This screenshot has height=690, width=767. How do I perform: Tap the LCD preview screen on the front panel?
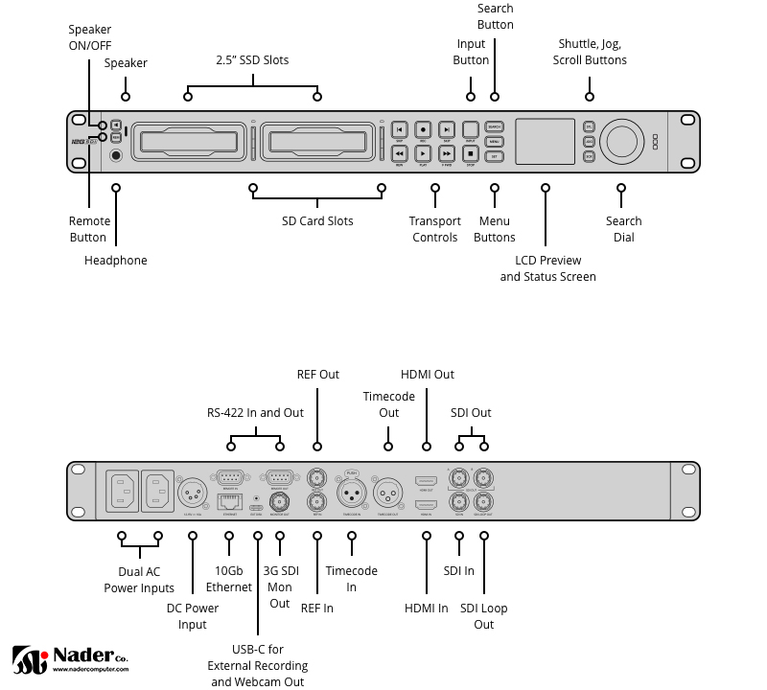pyautogui.click(x=546, y=141)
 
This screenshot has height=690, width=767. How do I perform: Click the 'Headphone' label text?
pyautogui.click(x=116, y=260)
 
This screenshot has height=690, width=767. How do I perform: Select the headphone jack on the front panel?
pyautogui.click(x=116, y=155)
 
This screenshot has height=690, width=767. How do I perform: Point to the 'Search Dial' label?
pyautogui.click(x=623, y=229)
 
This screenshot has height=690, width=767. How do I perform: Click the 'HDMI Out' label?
pyautogui.click(x=428, y=374)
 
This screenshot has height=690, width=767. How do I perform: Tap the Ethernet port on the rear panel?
pyautogui.click(x=229, y=499)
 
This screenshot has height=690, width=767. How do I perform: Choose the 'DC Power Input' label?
pyautogui.click(x=193, y=616)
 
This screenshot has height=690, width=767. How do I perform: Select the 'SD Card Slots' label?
pyautogui.click(x=317, y=221)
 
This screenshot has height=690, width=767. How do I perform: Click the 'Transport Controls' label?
pyautogui.click(x=435, y=229)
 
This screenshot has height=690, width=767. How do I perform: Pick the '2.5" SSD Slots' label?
pyautogui.click(x=252, y=59)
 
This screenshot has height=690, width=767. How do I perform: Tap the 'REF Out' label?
pyautogui.click(x=317, y=374)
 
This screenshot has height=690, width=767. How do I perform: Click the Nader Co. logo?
pyautogui.click(x=70, y=658)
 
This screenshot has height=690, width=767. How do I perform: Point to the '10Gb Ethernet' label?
pyautogui.click(x=228, y=579)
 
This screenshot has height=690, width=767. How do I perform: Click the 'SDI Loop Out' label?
pyautogui.click(x=484, y=616)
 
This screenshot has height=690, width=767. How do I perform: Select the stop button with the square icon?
pyautogui.click(x=470, y=152)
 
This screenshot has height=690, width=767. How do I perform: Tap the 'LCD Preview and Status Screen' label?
pyautogui.click(x=547, y=268)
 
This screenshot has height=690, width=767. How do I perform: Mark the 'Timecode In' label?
pyautogui.click(x=352, y=579)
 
